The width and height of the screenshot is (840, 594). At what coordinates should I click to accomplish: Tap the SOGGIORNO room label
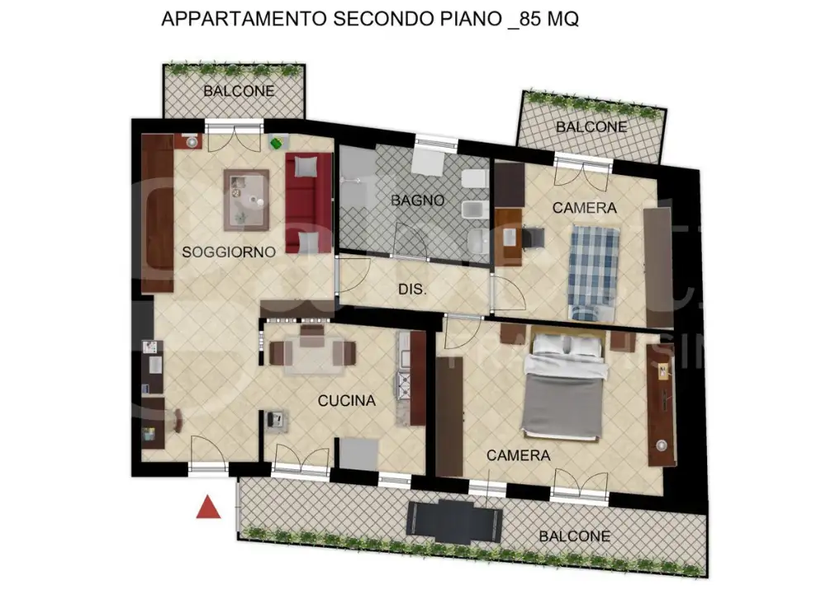228,252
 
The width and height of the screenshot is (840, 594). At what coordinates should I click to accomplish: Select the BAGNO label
418,200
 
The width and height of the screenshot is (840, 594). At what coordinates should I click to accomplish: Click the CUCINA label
347,401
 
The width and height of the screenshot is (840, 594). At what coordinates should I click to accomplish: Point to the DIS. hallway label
412,290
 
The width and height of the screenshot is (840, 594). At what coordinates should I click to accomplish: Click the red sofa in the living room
306,203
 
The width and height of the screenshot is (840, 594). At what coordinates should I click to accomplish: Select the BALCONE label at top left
240,92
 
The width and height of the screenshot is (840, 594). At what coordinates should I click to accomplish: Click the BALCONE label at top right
591,127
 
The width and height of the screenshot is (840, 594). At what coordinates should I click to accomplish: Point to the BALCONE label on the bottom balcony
574,536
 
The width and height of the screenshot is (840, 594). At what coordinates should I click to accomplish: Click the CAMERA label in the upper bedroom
584,208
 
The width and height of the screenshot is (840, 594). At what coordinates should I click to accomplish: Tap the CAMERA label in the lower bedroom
518,455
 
